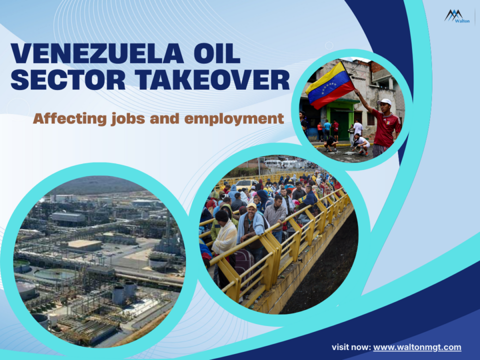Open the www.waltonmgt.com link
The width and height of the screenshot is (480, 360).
[417, 347]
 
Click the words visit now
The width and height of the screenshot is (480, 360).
[350, 347]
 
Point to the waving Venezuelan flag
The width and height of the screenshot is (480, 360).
[330, 85]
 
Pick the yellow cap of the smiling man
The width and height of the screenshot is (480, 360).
[251, 205]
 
